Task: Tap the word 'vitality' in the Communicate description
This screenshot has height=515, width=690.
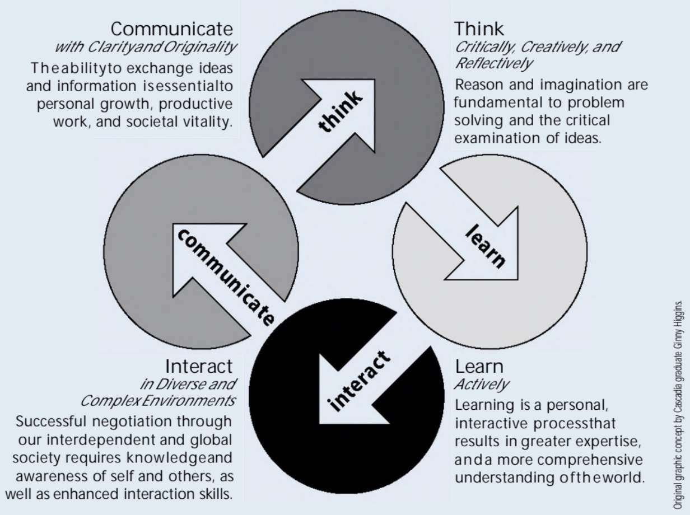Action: [212, 121]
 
